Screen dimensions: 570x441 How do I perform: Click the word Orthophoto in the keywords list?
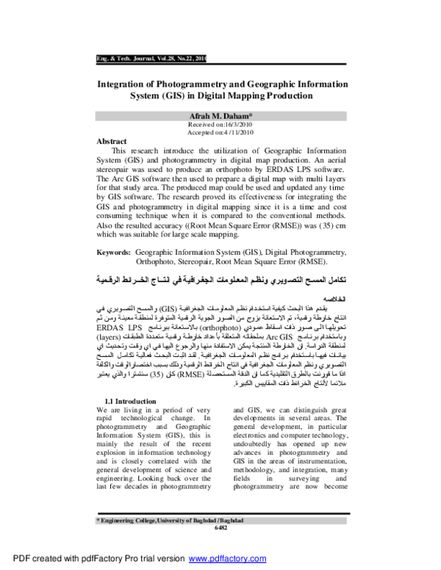point(158,261)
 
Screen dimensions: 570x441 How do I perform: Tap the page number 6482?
point(220,527)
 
